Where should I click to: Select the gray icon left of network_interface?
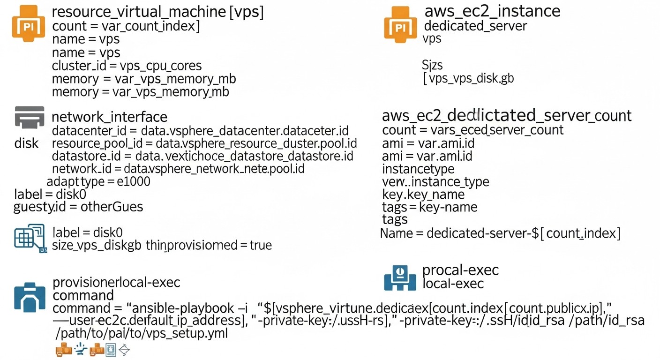click(30, 117)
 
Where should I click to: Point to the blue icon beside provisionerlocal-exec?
click(30, 297)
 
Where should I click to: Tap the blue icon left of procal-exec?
click(400, 277)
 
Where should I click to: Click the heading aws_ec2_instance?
click(492, 11)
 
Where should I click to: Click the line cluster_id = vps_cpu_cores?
click(127, 66)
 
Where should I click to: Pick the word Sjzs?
click(432, 64)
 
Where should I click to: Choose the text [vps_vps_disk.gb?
click(468, 78)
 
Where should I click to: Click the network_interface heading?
click(109, 117)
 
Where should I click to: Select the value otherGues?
click(112, 206)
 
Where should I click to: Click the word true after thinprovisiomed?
click(260, 245)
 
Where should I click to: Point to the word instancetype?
click(418, 168)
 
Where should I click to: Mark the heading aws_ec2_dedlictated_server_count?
click(506, 115)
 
